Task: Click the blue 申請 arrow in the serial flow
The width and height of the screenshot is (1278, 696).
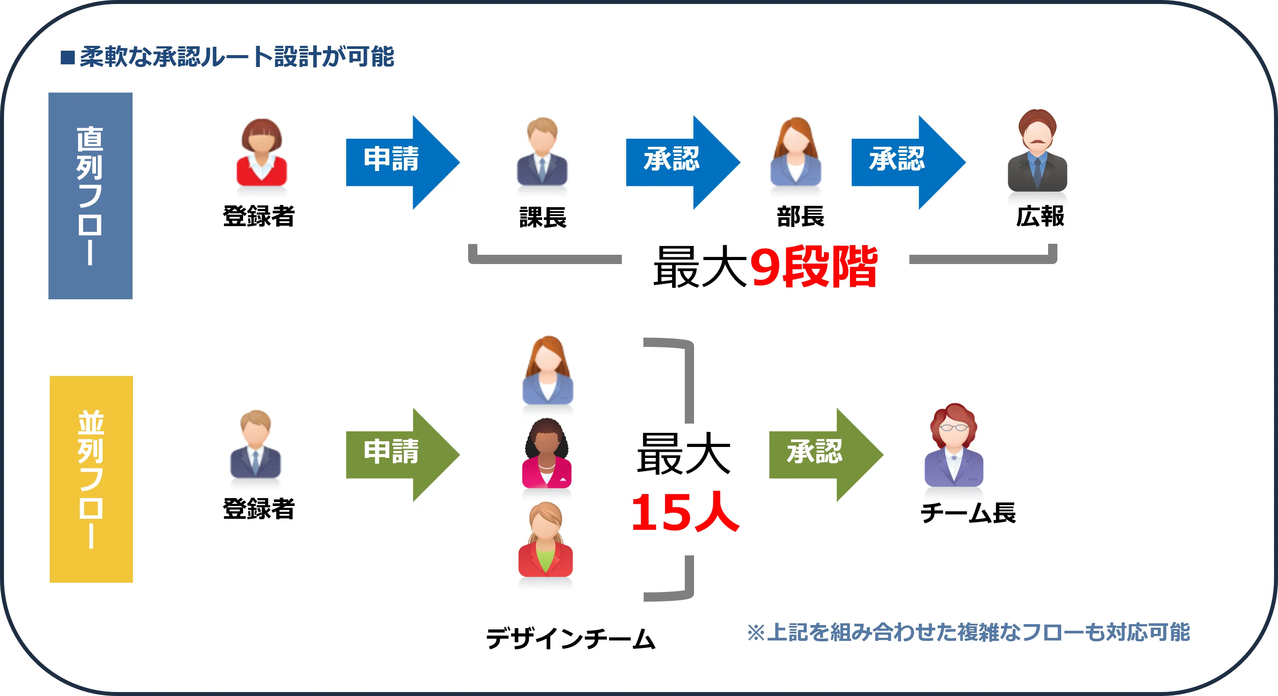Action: pyautogui.click(x=397, y=162)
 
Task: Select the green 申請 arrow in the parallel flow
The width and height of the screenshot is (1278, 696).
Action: pyautogui.click(x=397, y=454)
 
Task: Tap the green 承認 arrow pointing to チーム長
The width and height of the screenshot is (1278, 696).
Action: pyautogui.click(x=820, y=454)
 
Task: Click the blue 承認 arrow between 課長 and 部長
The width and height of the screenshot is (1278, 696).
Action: pyautogui.click(x=677, y=162)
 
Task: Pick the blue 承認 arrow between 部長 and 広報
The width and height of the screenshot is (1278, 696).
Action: pyautogui.click(x=903, y=162)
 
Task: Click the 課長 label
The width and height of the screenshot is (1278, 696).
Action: pyautogui.click(x=543, y=217)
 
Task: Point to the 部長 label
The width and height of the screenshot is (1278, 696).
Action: pyautogui.click(x=800, y=216)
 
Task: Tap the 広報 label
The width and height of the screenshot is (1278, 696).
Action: pyautogui.click(x=1040, y=216)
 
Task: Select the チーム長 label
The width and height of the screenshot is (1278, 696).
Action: pyautogui.click(x=968, y=513)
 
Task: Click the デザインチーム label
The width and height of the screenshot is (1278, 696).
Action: pyautogui.click(x=571, y=638)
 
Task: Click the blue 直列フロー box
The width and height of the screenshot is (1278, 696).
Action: pyautogui.click(x=90, y=196)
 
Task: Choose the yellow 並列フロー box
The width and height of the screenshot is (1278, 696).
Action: pyautogui.click(x=91, y=479)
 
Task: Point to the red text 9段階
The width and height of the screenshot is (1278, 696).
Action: pyautogui.click(x=814, y=267)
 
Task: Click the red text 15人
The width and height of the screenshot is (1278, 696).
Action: pyautogui.click(x=685, y=513)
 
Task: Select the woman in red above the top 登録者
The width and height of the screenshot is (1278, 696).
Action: pyautogui.click(x=262, y=152)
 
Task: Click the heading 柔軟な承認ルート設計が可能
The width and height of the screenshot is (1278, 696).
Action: pyautogui.click(x=236, y=56)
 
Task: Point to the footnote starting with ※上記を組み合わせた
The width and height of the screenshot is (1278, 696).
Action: pyautogui.click(x=968, y=632)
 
